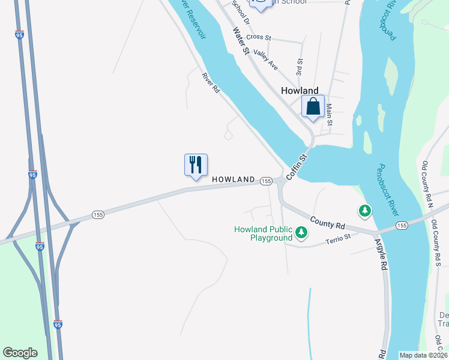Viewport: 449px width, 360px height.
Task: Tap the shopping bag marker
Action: click(313, 107)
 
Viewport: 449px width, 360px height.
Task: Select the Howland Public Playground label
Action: click(263, 233)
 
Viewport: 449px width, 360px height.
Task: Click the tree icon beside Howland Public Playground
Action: click(301, 232)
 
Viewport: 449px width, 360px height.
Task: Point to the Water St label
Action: click(241, 41)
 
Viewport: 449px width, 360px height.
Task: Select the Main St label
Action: click(329, 115)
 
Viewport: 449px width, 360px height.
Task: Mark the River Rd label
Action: click(211, 83)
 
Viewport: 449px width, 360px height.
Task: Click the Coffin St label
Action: click(297, 167)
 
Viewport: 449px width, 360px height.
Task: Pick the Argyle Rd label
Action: click(381, 254)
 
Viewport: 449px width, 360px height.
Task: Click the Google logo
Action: click(20, 353)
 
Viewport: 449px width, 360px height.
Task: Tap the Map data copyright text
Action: click(424, 355)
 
